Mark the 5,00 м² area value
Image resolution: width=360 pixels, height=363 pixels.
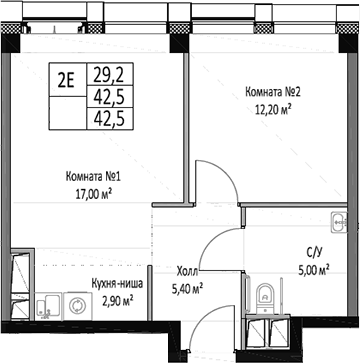pos(313,269)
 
